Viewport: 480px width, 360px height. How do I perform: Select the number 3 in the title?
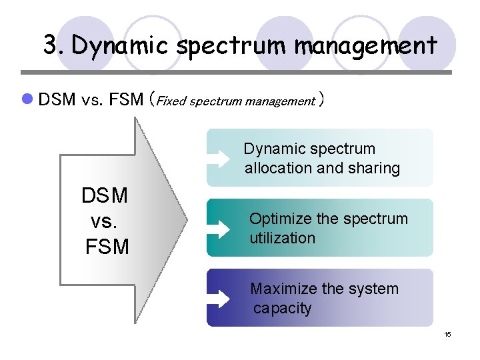tap(50, 45)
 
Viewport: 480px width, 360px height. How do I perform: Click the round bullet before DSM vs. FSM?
tap(27, 100)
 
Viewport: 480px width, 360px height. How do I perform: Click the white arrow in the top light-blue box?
tap(220, 159)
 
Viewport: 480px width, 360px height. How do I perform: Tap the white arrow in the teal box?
tap(220, 229)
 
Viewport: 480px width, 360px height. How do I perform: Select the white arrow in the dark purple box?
tap(220, 299)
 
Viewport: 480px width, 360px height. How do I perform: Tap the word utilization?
tap(282, 238)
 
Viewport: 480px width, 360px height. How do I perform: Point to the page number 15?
tap(447, 334)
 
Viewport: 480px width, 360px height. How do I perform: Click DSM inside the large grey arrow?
tap(105, 196)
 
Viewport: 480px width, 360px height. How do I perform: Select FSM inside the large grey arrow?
tap(107, 247)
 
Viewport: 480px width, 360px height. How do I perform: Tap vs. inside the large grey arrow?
tap(104, 221)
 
